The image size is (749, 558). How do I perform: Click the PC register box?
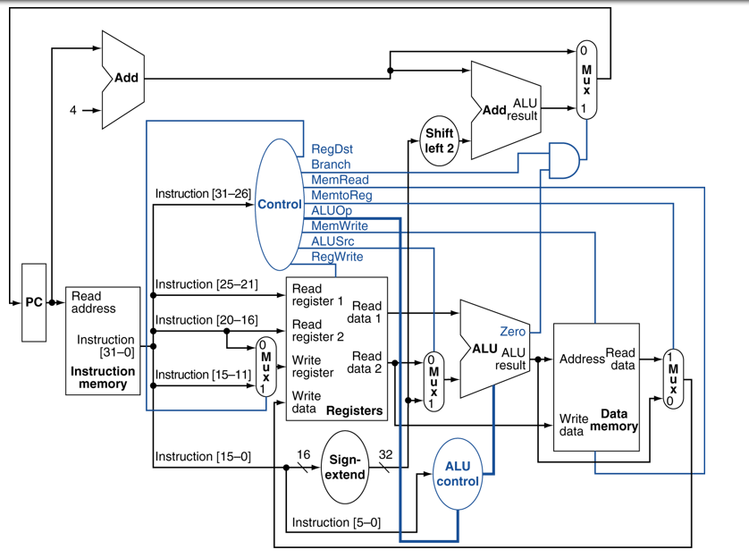point(33,302)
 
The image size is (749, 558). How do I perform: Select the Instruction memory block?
point(102,340)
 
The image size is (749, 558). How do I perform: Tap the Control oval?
point(279,204)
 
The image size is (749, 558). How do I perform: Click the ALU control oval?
point(457,473)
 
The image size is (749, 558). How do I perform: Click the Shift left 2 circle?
point(440,140)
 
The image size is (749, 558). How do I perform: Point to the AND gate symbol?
point(563,159)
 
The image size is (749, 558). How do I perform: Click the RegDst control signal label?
point(332,149)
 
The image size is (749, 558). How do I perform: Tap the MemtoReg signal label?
point(341,195)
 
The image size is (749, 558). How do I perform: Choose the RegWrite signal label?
point(337,257)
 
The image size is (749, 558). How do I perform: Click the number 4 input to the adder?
point(73,111)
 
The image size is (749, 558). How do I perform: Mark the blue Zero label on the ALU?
point(513,332)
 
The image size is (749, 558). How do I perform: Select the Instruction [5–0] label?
point(336,522)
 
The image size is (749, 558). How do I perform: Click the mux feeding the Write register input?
point(265,367)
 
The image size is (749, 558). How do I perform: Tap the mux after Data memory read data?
point(672,377)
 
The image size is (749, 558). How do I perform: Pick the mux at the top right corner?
point(585,79)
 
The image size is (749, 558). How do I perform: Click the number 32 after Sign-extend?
point(386,455)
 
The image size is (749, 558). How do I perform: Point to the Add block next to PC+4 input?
point(123,78)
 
